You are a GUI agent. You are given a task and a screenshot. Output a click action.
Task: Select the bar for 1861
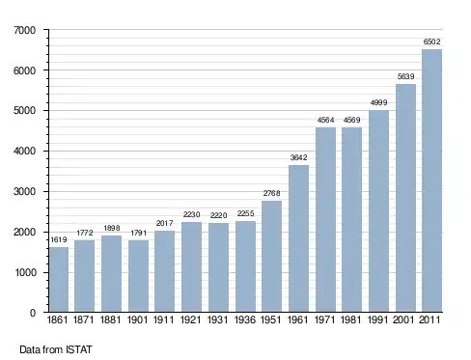click(x=59, y=279)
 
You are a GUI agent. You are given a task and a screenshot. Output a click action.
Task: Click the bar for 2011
click(x=431, y=180)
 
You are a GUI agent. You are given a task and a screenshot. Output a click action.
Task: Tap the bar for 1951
click(x=271, y=256)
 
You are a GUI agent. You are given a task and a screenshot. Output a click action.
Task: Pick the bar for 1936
click(x=245, y=266)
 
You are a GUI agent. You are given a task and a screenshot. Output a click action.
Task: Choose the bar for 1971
click(x=325, y=220)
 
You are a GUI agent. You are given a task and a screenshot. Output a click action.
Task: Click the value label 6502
click(x=431, y=42)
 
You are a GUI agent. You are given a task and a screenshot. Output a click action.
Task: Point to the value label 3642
click(x=298, y=157)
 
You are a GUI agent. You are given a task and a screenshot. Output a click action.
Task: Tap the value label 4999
click(x=378, y=103)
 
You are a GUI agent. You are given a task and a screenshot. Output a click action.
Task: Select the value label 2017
click(x=164, y=223)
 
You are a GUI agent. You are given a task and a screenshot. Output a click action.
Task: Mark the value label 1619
click(x=59, y=239)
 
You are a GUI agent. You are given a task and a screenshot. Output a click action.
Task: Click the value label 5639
click(x=405, y=76)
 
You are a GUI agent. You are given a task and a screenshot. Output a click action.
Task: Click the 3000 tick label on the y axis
click(x=24, y=192)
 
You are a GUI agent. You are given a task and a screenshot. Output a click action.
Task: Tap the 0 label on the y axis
click(x=33, y=313)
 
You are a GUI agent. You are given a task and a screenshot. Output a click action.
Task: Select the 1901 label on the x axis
click(x=137, y=319)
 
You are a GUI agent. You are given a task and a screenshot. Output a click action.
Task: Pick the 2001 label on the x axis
click(x=403, y=319)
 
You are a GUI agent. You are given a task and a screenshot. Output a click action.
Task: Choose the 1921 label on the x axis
click(x=191, y=319)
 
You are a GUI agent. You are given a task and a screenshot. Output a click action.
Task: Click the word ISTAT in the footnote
click(x=79, y=349)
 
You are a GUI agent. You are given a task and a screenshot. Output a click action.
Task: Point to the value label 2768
click(x=271, y=193)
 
